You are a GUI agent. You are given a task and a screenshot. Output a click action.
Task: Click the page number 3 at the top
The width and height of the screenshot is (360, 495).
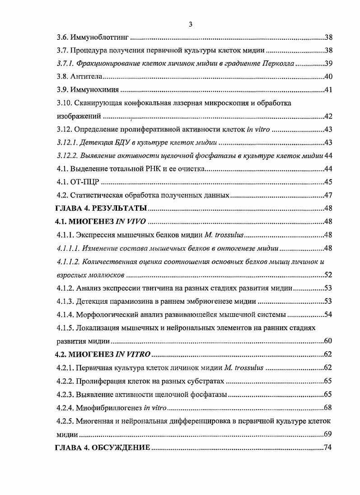[x=191, y=24]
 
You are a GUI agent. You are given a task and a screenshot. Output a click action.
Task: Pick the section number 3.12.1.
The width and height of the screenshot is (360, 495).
[x=68, y=143]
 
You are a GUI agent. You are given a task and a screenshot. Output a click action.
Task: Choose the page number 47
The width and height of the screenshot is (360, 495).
[x=328, y=195]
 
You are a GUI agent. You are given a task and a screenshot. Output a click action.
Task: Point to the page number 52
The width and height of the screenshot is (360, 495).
[x=328, y=274]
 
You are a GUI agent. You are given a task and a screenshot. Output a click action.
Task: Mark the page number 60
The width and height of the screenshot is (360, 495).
[x=328, y=340]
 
